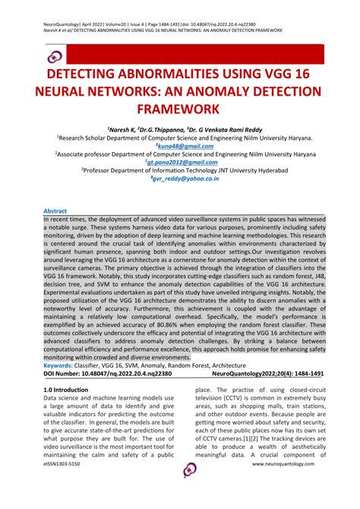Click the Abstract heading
(x=55, y=210)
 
